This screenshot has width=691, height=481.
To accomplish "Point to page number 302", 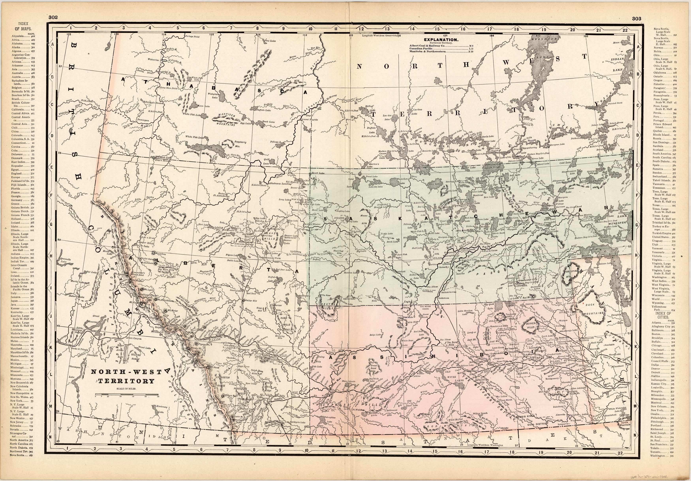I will pyautogui.click(x=53, y=17).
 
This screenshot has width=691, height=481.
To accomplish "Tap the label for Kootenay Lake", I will pyautogui.click(x=163, y=409).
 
